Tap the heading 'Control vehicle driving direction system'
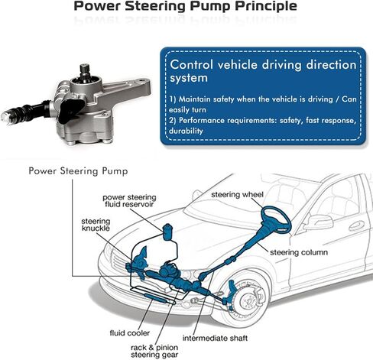[x=263, y=71]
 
